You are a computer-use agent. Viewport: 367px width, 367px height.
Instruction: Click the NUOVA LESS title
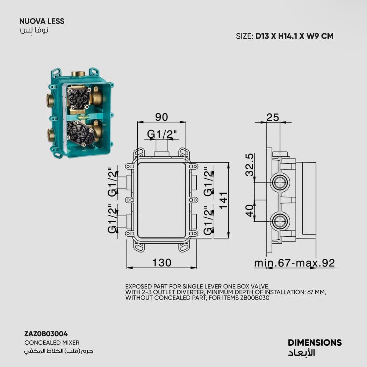pyautogui.click(x=42, y=21)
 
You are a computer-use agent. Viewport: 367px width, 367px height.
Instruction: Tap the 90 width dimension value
pyautogui.click(x=161, y=117)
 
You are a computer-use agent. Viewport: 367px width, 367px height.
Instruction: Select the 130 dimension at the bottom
pyautogui.click(x=162, y=262)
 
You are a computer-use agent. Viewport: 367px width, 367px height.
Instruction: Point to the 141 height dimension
pyautogui.click(x=223, y=200)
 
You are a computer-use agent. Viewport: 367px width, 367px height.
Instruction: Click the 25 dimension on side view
pyautogui.click(x=273, y=117)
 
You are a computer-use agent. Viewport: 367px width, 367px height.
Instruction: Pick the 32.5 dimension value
pyautogui.click(x=250, y=164)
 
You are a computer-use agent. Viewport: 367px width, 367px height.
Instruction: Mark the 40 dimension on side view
pyautogui.click(x=250, y=210)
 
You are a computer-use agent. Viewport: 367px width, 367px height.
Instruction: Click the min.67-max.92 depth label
pyautogui.click(x=294, y=263)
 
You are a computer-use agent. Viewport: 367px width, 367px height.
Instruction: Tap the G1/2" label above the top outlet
pyautogui.click(x=162, y=134)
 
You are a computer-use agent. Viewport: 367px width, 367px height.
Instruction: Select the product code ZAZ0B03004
pyautogui.click(x=46, y=334)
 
